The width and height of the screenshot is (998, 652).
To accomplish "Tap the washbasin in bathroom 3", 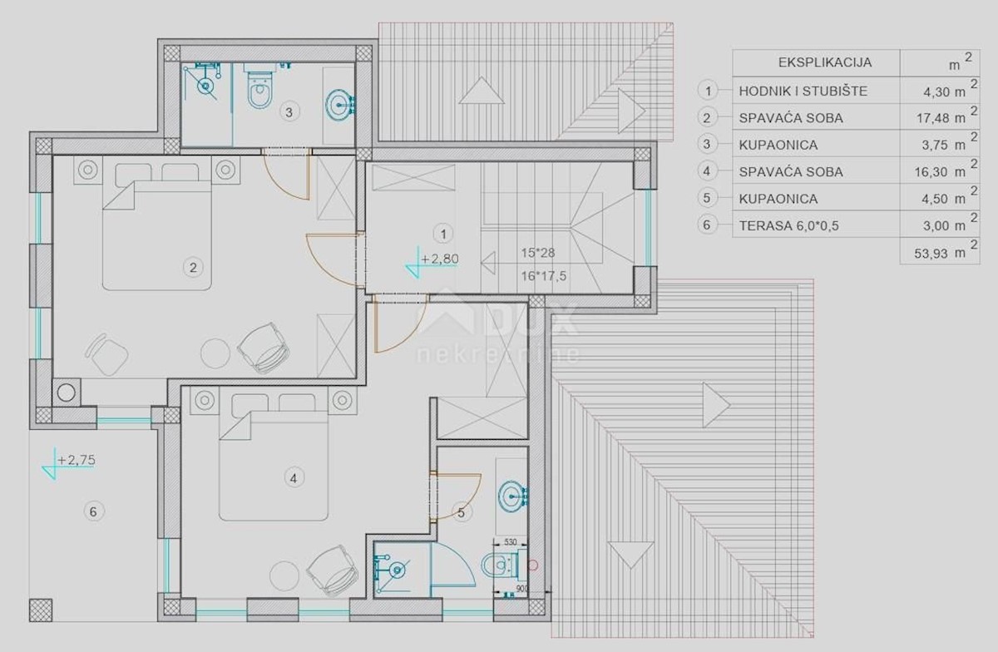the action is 340,105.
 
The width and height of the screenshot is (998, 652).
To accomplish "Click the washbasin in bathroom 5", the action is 512,496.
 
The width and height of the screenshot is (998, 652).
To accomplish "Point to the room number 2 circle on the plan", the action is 193,268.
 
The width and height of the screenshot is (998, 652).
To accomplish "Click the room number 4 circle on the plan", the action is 294,478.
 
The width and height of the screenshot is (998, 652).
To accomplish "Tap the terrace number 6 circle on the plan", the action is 93,511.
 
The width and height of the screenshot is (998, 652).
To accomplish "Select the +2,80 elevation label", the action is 440,259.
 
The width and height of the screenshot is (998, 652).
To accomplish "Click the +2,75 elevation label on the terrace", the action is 77,460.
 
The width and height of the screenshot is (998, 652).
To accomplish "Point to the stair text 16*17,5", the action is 544,276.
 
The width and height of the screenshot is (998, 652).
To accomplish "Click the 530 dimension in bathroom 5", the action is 510,542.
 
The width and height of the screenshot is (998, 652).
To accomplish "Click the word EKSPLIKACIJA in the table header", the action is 825,62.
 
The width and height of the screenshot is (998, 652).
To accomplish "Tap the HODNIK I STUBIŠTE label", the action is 803,91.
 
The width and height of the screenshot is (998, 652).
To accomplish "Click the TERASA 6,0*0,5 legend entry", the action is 788,225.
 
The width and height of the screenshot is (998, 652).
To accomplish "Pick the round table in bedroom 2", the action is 215,353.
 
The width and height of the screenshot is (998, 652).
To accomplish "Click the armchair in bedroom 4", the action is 333,570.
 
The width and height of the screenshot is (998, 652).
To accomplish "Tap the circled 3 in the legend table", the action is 707,144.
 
